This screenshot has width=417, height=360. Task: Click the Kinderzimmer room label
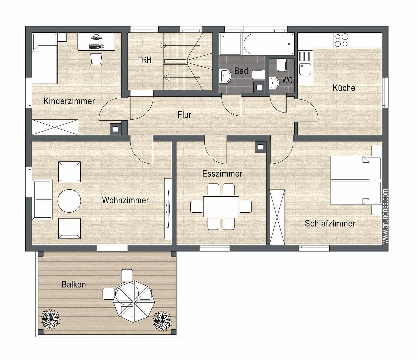coord(69,101)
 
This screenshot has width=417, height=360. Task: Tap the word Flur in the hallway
coord(184,115)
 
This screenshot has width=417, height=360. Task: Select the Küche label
coord(344,88)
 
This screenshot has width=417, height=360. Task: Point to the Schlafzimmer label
coord(330,223)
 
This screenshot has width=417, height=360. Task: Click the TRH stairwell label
coord(145,60)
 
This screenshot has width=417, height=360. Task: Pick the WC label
coord(287,81)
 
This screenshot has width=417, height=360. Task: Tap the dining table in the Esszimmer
coord(221,207)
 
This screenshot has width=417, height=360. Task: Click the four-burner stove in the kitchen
coord(341,40)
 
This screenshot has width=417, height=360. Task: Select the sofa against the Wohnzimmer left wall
coord(42,200)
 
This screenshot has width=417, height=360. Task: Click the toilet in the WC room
coord(281,66)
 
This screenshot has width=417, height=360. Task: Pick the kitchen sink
coord(305,69)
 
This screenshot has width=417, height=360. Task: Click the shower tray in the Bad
coord(229,44)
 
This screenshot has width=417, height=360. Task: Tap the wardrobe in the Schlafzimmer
coord(277,217)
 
